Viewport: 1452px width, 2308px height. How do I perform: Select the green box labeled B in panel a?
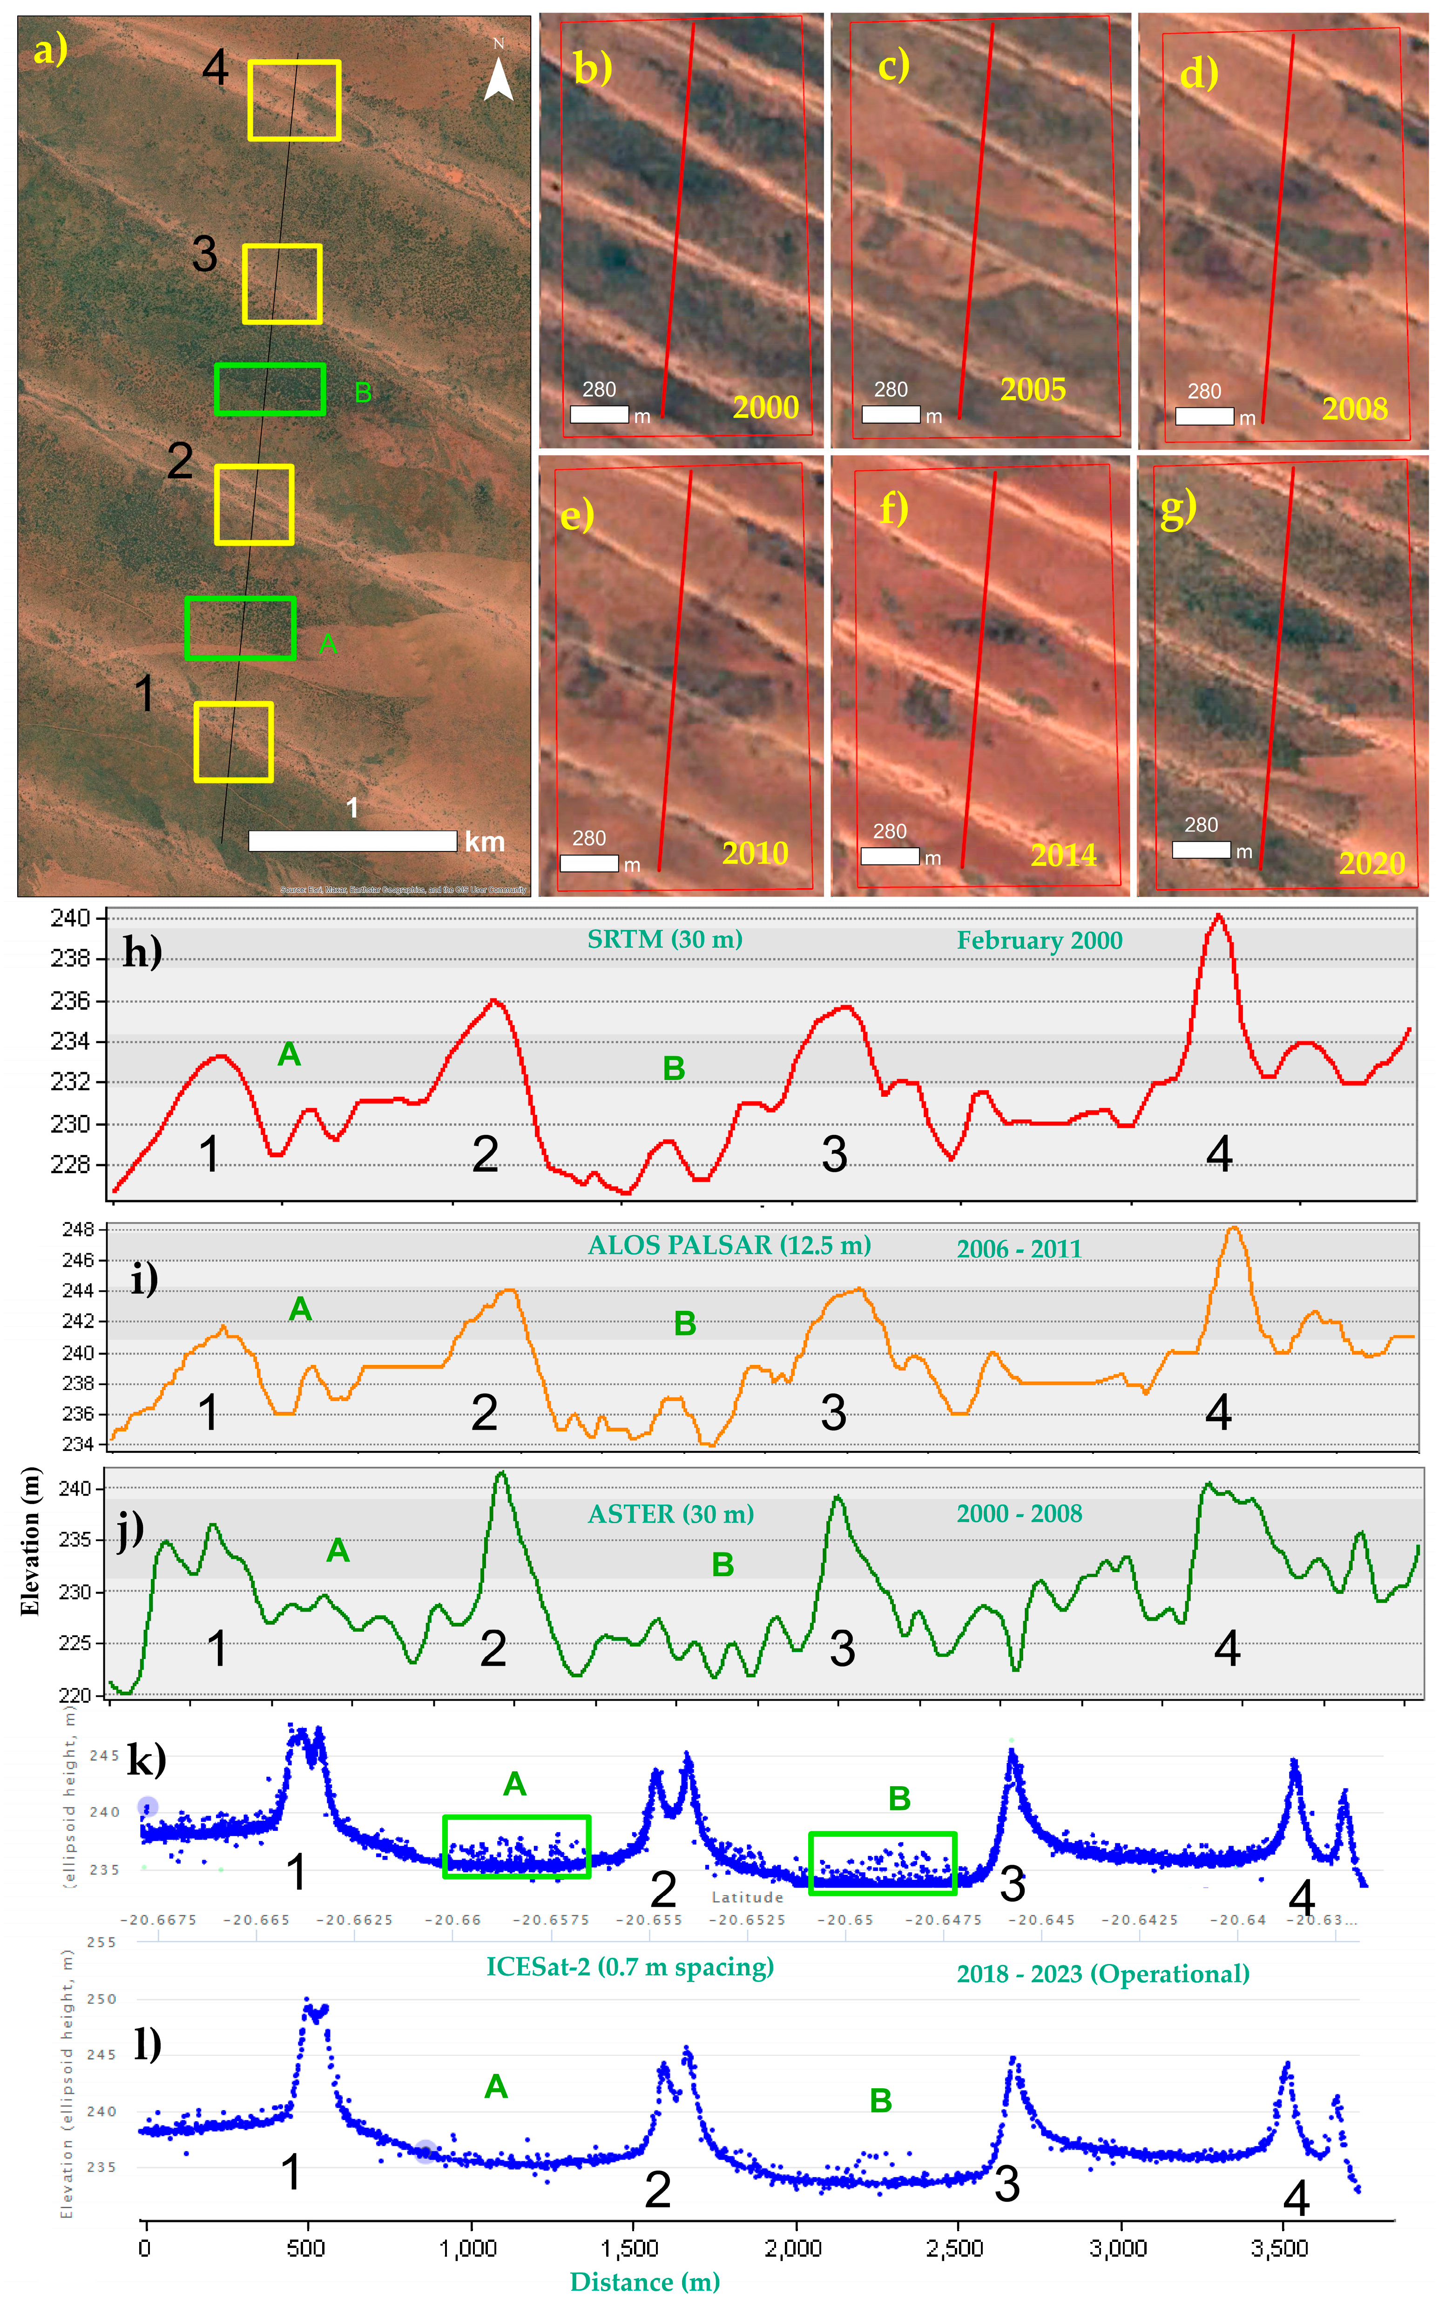pyautogui.click(x=270, y=389)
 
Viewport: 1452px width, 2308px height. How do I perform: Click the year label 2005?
pyautogui.click(x=1032, y=389)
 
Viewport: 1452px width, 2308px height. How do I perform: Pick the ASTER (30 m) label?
pyautogui.click(x=671, y=1514)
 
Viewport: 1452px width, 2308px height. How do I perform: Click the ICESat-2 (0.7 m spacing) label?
pyautogui.click(x=630, y=1967)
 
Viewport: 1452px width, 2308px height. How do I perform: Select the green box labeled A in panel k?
pyautogui.click(x=517, y=1846)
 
